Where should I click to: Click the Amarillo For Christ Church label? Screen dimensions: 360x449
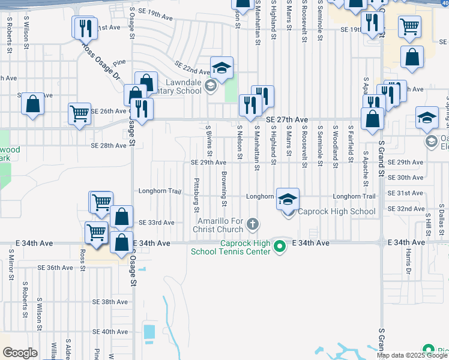218,226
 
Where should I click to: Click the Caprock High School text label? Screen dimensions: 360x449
337,211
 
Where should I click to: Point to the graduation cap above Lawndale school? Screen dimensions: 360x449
221,68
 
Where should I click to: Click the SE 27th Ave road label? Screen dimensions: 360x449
287,119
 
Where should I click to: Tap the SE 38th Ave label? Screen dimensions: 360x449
110,301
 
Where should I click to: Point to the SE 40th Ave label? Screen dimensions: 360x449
110,331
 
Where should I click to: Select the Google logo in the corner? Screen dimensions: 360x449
20,353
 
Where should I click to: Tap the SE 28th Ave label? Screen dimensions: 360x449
109,145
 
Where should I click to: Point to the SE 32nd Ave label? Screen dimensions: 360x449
406,209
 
